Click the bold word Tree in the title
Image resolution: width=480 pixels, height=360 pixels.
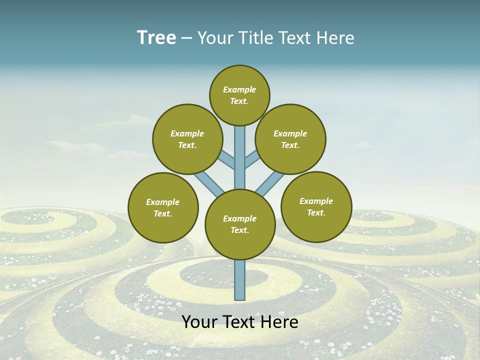click(x=156, y=38)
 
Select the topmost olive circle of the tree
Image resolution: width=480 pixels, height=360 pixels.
click(x=239, y=95)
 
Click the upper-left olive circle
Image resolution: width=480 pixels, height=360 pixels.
click(x=187, y=139)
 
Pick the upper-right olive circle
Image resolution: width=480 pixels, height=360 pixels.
click(x=290, y=139)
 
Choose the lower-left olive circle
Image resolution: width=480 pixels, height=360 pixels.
click(x=163, y=207)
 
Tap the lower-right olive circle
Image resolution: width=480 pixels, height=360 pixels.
click(x=316, y=206)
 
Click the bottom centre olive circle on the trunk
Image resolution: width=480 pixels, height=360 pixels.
click(x=240, y=224)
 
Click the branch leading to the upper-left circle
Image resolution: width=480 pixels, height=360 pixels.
click(x=228, y=161)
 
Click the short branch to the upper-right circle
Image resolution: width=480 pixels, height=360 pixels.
click(x=252, y=159)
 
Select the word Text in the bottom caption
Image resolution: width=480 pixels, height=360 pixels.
click(x=240, y=322)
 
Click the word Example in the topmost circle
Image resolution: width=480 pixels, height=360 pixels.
click(x=239, y=89)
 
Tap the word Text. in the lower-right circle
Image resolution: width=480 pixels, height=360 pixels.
click(x=316, y=212)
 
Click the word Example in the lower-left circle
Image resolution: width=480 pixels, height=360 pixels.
click(x=163, y=202)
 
